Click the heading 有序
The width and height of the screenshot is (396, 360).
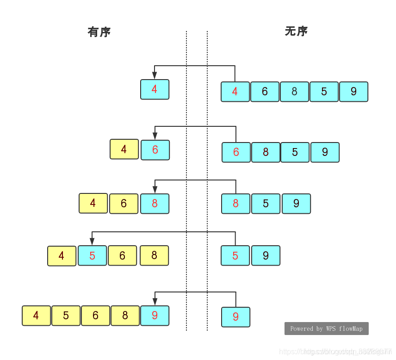[99, 32]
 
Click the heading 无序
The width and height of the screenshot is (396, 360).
[296, 31]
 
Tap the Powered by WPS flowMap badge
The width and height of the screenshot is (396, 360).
[326, 329]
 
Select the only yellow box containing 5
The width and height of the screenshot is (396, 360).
[66, 316]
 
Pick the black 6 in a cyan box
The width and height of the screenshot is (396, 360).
[265, 92]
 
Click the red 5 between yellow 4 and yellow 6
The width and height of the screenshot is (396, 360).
[92, 255]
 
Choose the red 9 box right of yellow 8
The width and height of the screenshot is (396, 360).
[155, 316]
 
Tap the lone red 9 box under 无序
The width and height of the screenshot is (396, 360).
[235, 317]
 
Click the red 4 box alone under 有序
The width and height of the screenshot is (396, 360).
[155, 89]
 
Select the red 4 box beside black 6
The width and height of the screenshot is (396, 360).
[235, 92]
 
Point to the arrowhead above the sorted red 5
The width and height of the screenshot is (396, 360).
[92, 242]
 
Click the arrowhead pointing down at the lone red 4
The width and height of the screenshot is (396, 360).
[155, 75]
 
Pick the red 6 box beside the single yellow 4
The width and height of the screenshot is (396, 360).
[155, 150]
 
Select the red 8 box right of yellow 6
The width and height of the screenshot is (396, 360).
[155, 204]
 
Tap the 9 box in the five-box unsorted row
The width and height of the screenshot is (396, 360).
[353, 92]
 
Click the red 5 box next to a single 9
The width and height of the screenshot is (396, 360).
[235, 255]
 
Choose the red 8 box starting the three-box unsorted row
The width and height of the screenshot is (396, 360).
[235, 204]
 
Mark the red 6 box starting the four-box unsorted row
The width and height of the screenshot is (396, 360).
[236, 152]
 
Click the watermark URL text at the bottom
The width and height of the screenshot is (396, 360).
[335, 352]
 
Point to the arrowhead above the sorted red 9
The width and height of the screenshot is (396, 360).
[155, 302]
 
